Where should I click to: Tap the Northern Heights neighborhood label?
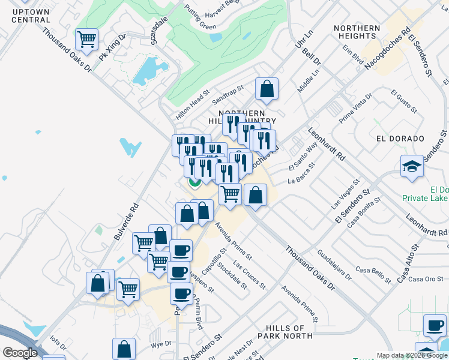coord(357,32)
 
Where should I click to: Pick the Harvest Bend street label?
coord(221,5)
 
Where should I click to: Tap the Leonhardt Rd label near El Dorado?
coord(327,144)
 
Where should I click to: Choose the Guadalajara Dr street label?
coord(334,265)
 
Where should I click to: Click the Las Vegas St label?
coord(345,193)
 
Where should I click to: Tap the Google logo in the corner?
coord(20,352)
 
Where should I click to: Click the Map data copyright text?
coord(411,355)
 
